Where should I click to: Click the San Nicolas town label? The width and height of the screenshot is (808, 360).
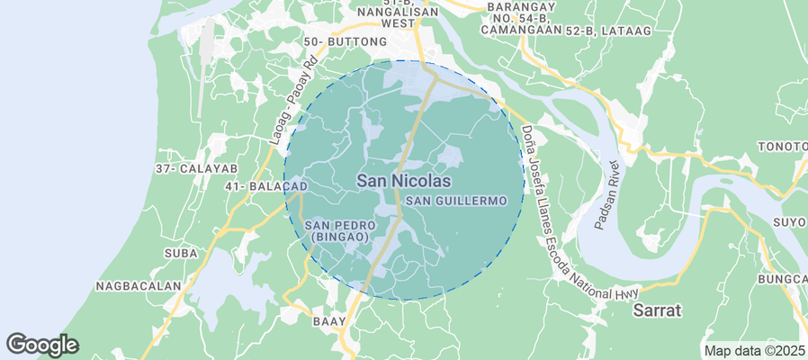point(404,181)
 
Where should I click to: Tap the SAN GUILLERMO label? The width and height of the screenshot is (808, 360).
point(464,200)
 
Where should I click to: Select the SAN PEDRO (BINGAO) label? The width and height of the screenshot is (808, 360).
point(338,230)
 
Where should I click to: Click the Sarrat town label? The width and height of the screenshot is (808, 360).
point(657,310)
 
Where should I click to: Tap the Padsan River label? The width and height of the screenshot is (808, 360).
point(606,193)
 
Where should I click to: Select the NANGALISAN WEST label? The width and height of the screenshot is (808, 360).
point(385,19)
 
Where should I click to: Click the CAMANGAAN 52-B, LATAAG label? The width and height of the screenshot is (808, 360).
point(564,31)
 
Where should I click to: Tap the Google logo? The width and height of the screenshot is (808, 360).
point(42,345)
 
